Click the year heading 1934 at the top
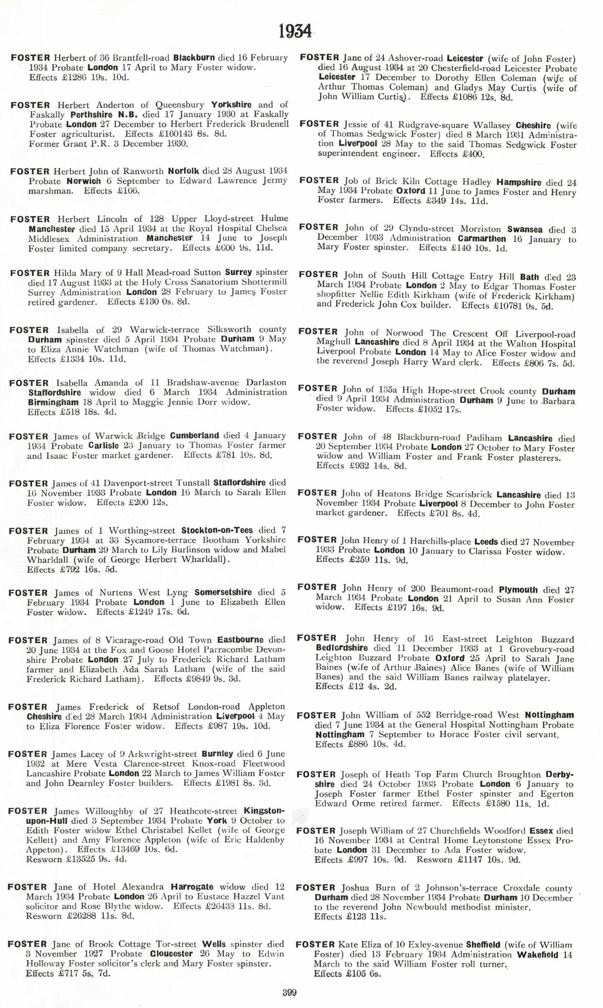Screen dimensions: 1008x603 [x=295, y=31]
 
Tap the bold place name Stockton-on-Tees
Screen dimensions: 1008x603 [x=217, y=530]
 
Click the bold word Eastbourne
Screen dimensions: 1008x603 [x=240, y=640]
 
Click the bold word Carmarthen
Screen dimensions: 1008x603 [x=482, y=239]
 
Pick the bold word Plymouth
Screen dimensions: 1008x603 [x=518, y=590]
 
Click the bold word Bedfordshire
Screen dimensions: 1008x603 [x=342, y=648]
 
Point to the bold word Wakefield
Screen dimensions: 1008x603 [x=538, y=955]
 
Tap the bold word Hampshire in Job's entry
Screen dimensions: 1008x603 [x=519, y=183]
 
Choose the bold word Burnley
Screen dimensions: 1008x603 [x=217, y=754]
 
